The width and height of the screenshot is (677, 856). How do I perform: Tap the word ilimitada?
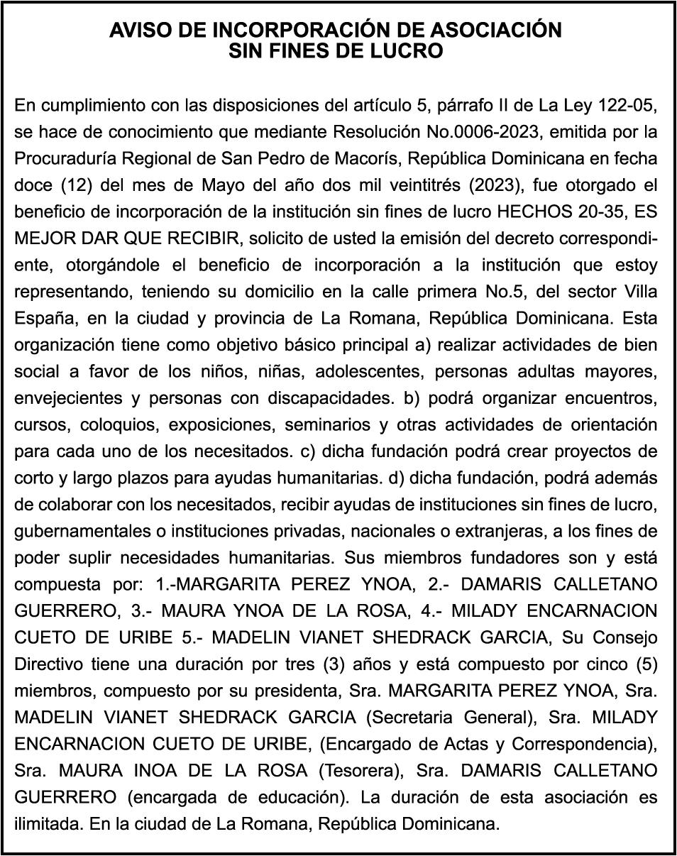[44, 825]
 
